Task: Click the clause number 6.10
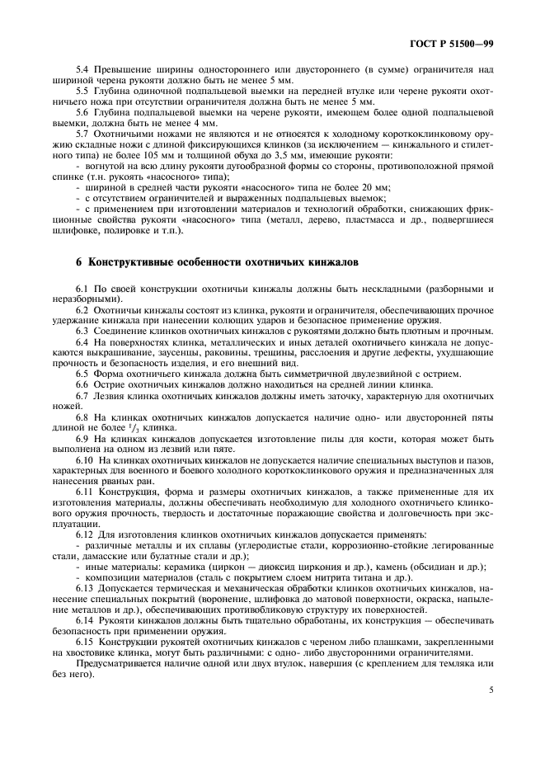pyautogui.click(x=84, y=459)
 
